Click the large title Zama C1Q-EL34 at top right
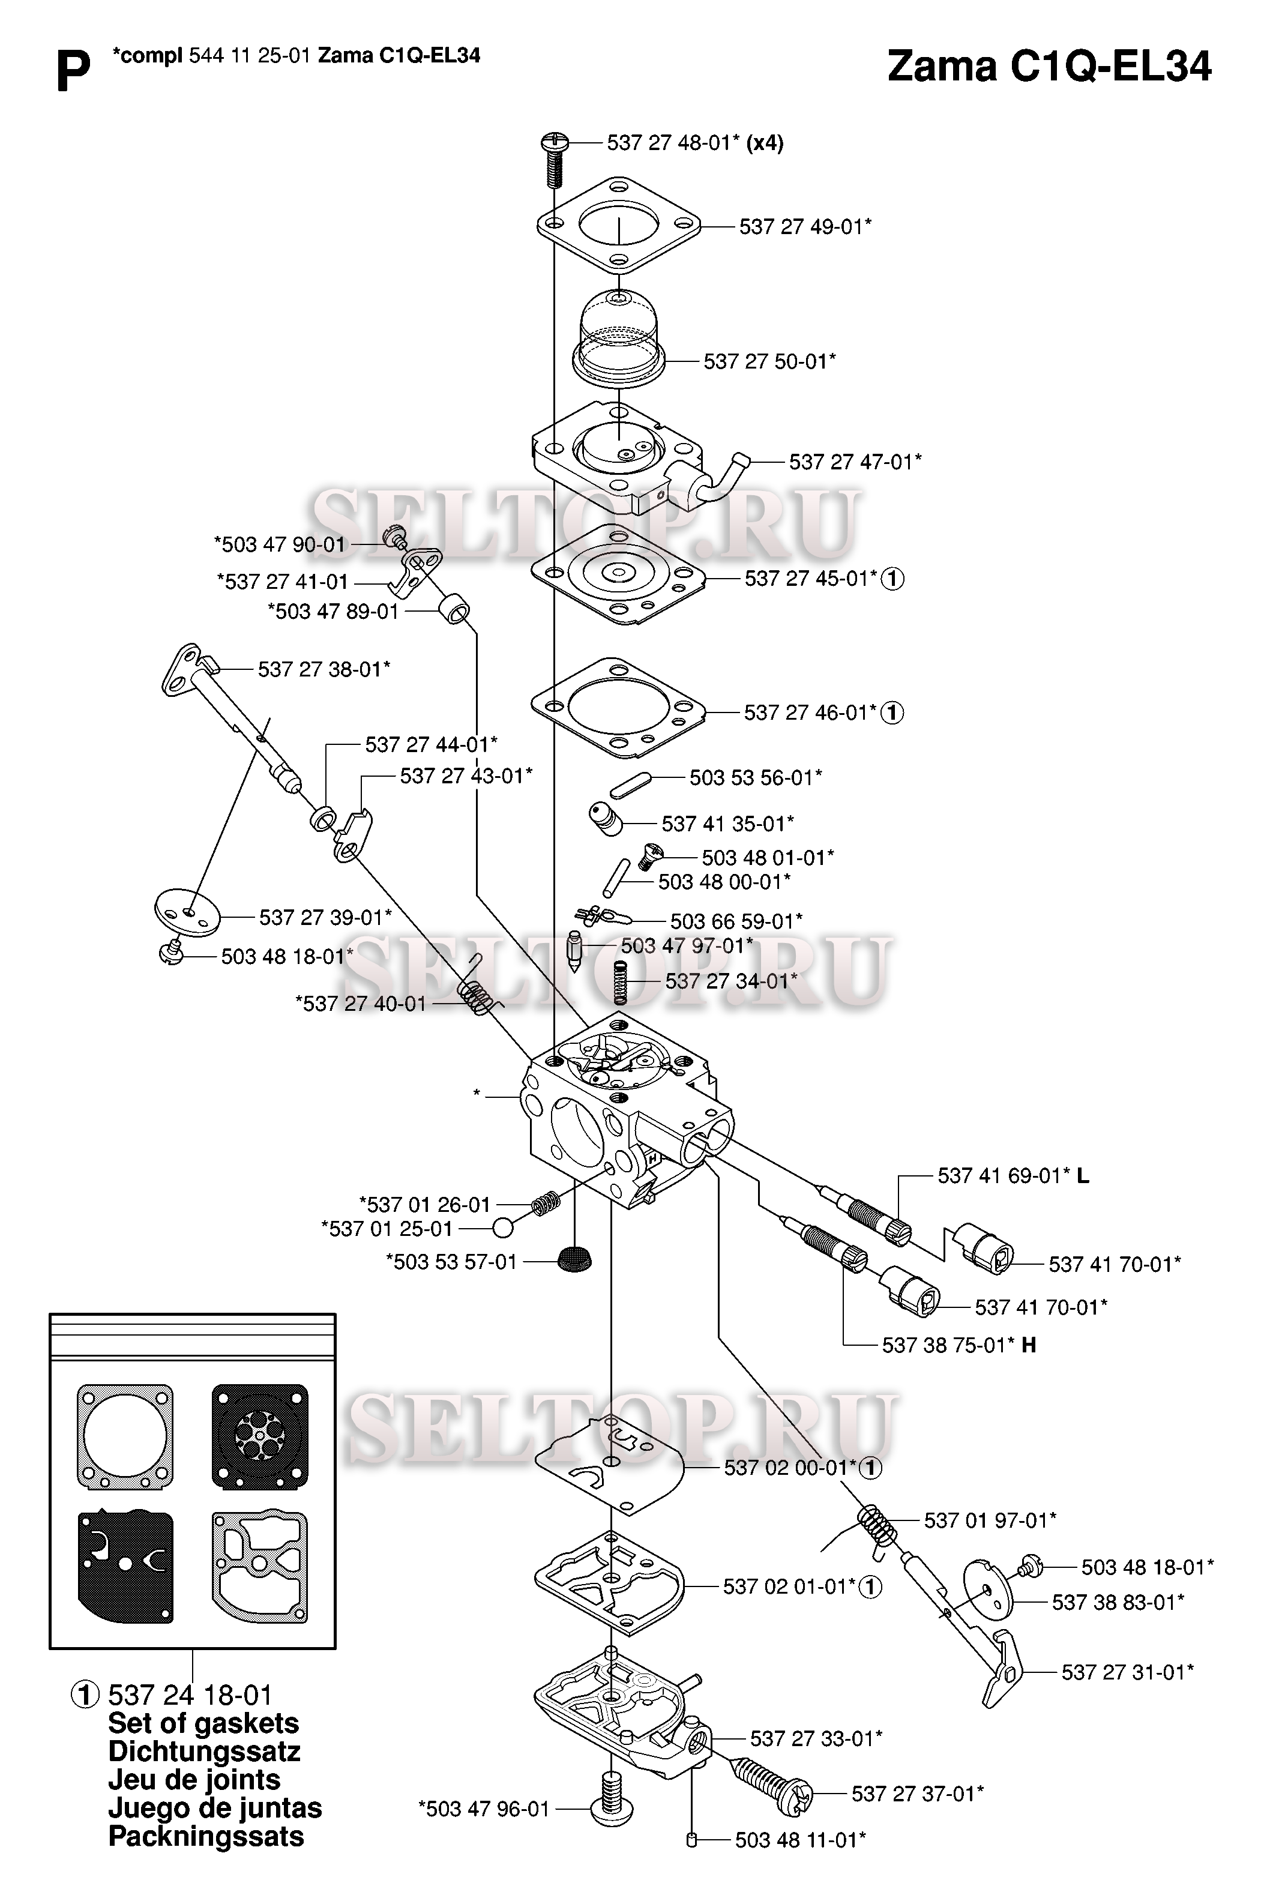[1049, 67]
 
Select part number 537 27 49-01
[805, 227]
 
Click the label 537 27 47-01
[855, 462]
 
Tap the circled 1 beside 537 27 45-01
[892, 579]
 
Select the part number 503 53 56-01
[756, 778]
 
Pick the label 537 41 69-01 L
[1013, 1175]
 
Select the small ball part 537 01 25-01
[503, 1228]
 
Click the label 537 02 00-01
[790, 1467]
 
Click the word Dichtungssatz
[204, 1752]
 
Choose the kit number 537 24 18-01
[190, 1695]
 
